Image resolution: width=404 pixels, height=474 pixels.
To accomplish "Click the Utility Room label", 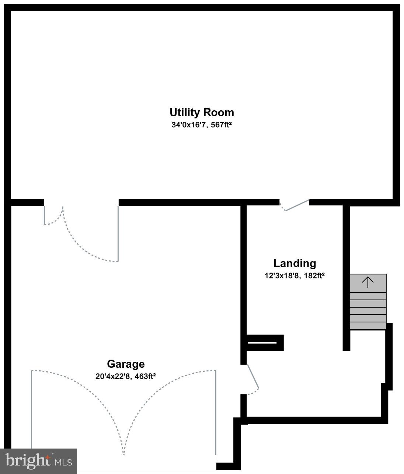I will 202,112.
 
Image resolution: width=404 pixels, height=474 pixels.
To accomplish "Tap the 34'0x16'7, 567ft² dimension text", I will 201,125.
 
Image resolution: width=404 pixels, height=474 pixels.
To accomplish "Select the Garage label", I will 126,364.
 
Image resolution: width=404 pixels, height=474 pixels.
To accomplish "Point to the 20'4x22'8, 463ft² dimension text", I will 125,376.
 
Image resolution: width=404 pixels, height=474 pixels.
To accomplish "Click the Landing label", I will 295,263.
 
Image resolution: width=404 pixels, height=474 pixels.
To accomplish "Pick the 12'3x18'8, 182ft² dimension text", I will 295,276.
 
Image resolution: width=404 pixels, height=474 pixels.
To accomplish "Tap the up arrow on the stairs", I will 368,283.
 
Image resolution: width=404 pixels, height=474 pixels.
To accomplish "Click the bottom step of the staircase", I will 368,326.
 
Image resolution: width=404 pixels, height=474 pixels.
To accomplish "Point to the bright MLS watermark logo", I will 38,461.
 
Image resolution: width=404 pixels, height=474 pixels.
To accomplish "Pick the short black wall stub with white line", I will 264,343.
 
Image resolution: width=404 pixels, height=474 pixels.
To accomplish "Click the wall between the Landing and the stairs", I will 346,277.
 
